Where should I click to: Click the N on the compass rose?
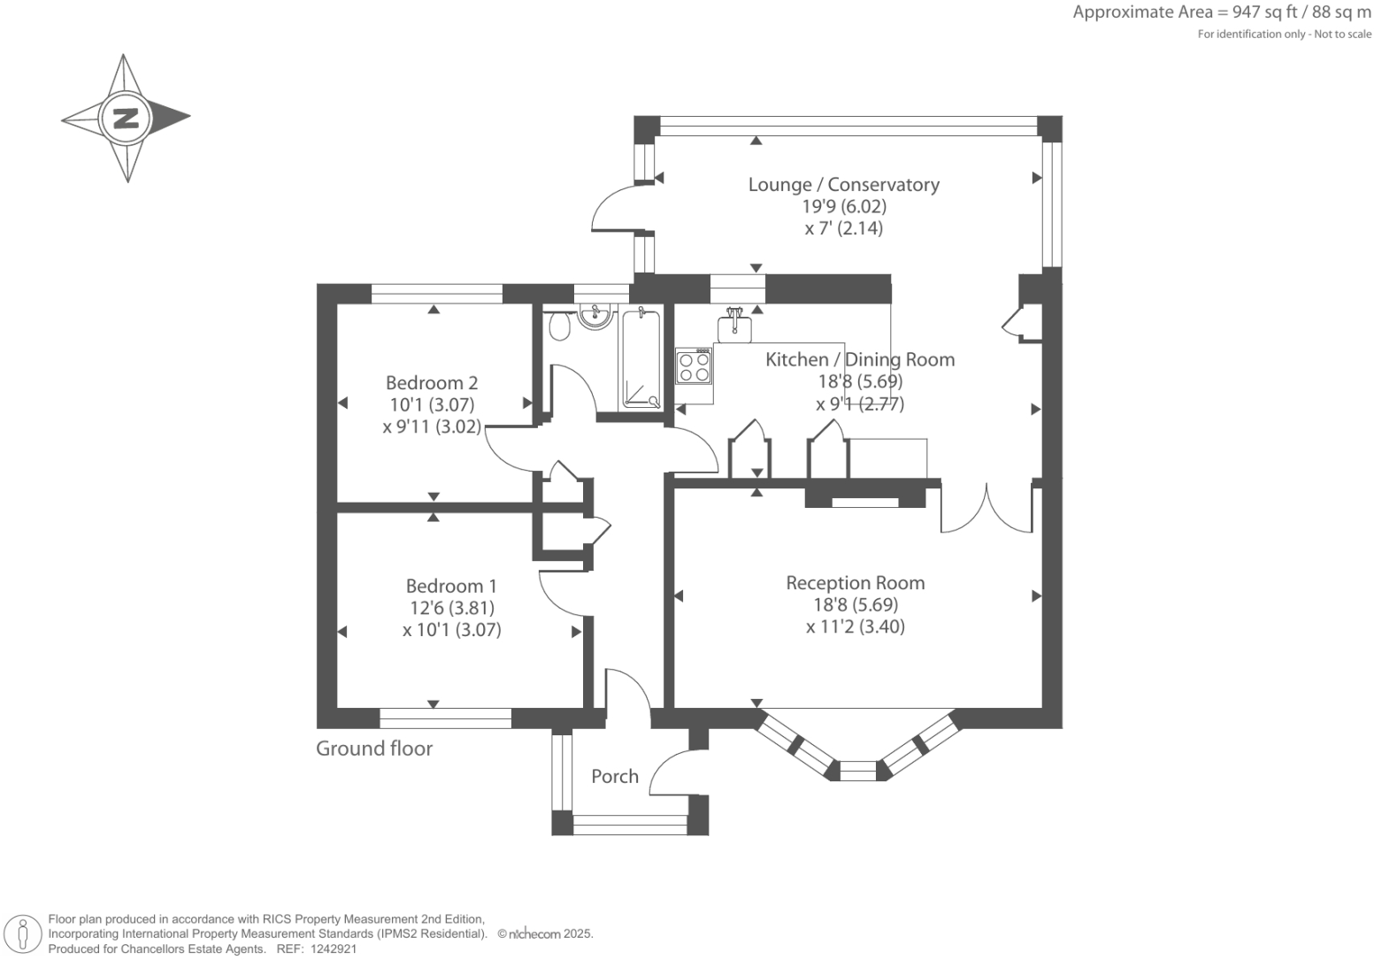[126, 118]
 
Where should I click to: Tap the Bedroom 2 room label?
[432, 383]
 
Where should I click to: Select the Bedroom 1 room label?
[451, 586]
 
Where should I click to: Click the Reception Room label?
[856, 583]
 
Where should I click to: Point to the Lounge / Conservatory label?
[843, 185]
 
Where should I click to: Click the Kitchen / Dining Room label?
[859, 359]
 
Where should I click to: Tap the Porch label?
[615, 776]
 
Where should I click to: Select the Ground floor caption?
[374, 749]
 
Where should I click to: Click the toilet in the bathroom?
[559, 327]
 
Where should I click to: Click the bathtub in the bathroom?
[641, 358]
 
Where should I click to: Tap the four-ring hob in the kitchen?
[694, 365]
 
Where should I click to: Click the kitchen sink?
[735, 326]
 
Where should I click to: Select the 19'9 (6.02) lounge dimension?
[844, 207]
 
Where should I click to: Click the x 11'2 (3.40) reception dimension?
[856, 627]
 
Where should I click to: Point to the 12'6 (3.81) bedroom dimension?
[451, 608]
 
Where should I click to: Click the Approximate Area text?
[1221, 12]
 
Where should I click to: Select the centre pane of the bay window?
[856, 771]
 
